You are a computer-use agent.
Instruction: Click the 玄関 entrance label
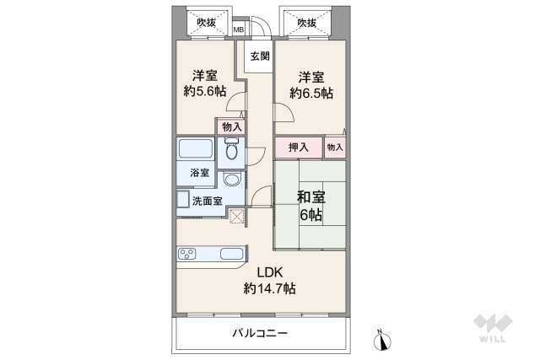point(259,56)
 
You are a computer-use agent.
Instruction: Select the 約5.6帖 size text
point(205,90)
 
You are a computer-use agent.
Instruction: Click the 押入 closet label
point(298,148)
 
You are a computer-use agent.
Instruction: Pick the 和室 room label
point(310,197)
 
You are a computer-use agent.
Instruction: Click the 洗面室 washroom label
point(207,201)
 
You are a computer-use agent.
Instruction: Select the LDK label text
point(270,271)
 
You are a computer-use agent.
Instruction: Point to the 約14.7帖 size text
point(270,288)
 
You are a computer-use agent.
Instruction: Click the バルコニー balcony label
point(260,334)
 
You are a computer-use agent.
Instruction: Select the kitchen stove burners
point(188,253)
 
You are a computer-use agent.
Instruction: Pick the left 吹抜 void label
point(205,22)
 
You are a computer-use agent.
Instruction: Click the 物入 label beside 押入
point(335,148)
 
